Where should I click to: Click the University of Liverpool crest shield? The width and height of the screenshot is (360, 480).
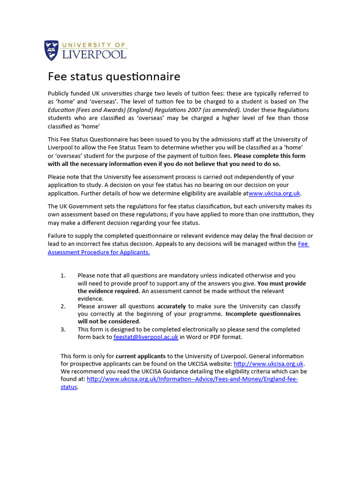tap(52, 50)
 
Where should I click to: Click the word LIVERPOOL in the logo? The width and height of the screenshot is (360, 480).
tap(95, 54)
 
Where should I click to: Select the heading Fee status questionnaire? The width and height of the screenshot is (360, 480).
tap(114, 76)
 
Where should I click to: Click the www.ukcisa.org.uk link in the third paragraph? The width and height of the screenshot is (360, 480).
tap(274, 193)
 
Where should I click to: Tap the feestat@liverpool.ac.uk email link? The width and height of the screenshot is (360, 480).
tap(146, 337)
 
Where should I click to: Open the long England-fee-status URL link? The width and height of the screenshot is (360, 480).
tap(192, 379)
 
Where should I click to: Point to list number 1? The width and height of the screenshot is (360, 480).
tap(63, 276)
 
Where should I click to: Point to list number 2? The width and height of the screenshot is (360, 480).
tap(63, 307)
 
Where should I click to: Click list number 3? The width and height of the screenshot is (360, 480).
tap(63, 330)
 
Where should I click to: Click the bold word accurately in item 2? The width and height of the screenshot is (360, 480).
tap(171, 307)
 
